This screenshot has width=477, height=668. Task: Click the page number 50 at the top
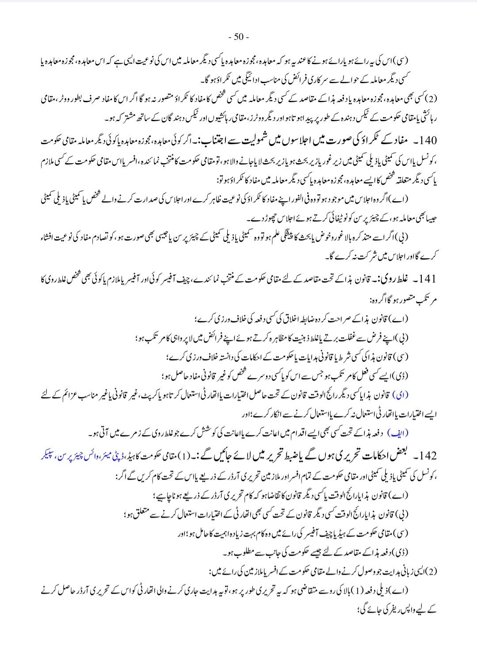[239, 37]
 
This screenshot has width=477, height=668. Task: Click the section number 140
[427, 141]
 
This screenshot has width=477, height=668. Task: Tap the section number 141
[427, 279]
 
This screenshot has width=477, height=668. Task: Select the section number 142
[427, 456]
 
